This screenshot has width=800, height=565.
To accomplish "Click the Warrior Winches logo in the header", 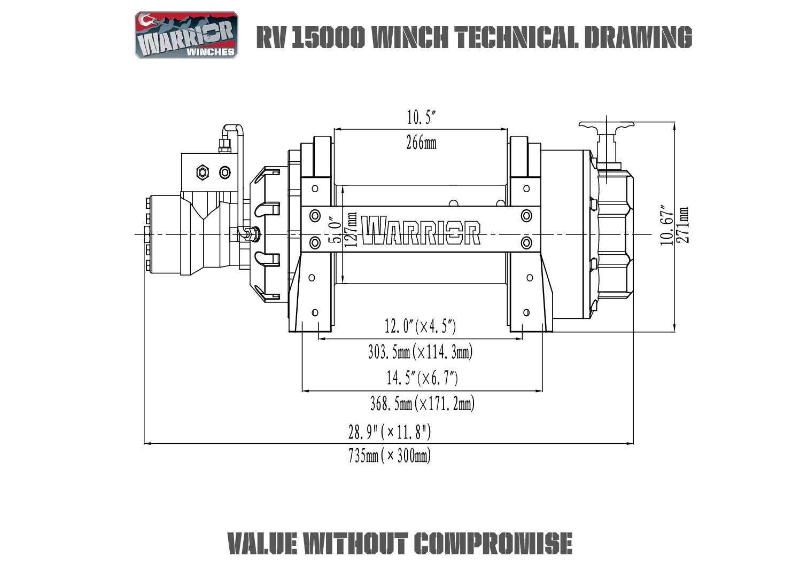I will tap(186, 35).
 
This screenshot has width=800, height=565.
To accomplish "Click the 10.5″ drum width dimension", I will tap(422, 117).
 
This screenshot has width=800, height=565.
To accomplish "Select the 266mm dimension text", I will tap(421, 143).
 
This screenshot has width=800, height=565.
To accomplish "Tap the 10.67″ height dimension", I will tap(666, 225).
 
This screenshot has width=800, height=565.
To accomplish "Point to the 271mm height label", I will tap(682, 225).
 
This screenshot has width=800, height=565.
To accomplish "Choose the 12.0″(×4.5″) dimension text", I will tap(421, 325).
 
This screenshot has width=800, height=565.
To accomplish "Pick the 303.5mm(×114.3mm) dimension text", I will tap(421, 352).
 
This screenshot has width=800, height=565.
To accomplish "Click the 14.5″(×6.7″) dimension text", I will tap(422, 378).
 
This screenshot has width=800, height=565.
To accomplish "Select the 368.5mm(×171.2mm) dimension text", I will tap(422, 404).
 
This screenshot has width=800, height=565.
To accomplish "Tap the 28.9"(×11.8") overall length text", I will tap(390, 431).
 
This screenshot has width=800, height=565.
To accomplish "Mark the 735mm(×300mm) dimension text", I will tap(390, 456).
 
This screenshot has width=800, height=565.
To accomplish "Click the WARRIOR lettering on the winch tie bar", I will tap(421, 230).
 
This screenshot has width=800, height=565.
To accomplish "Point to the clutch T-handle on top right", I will tap(607, 127).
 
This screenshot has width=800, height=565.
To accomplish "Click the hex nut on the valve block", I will tap(202, 172).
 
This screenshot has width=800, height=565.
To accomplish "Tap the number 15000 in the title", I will tap(328, 37).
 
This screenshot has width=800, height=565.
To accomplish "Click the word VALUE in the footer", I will tap(262, 544).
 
